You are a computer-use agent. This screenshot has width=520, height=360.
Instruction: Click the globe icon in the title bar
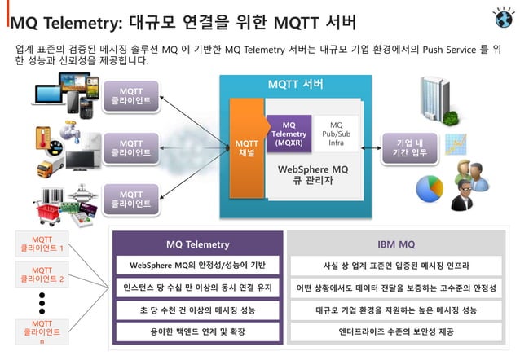[x=503, y=17]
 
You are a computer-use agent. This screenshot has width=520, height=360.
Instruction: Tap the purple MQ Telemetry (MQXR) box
[x=289, y=134]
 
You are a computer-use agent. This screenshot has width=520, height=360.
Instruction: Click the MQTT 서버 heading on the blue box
[x=295, y=85]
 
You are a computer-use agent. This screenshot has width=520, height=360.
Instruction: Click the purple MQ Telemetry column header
[x=197, y=244]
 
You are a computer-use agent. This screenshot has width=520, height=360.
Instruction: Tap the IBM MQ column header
[x=396, y=244]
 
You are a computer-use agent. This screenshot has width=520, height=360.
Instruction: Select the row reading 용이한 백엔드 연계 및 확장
[x=197, y=332]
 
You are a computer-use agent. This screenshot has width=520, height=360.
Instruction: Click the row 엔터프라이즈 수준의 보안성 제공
[x=396, y=332]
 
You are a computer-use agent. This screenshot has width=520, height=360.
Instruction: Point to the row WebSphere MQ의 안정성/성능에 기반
[x=197, y=266]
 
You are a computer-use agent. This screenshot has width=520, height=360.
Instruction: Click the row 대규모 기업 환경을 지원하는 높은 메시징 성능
[x=396, y=310]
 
